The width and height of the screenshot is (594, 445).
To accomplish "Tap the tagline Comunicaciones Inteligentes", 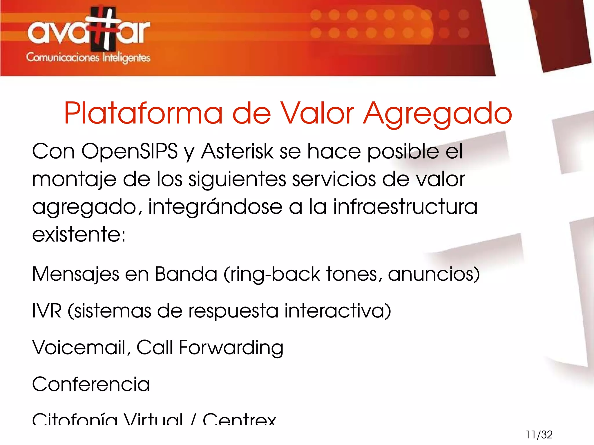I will tap(88, 57).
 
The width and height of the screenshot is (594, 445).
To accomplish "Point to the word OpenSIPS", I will tap(129, 151).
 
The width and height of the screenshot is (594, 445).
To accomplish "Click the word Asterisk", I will tap(237, 151).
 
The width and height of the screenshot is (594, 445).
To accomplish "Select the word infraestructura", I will tap(405, 206).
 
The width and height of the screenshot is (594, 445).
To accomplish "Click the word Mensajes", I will tap(75, 274).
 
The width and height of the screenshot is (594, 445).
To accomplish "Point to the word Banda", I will tap(186, 274).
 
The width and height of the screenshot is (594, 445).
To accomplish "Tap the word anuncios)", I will tap(434, 274).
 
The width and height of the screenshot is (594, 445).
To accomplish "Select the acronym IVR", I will tap(47, 311).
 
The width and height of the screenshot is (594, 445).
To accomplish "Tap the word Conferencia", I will tap(91, 384).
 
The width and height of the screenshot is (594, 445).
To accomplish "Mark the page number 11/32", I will tap(539, 435).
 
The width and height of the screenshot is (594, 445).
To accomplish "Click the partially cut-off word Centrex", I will tap(240, 419).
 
